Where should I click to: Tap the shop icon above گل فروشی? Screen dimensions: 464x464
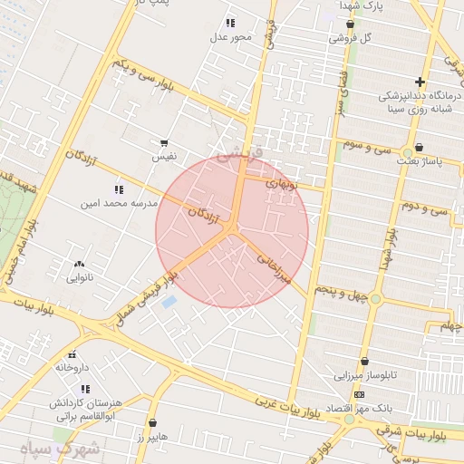point(350,24)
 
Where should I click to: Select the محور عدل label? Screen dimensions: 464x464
point(230,37)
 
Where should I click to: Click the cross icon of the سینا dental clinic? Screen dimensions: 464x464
point(420,82)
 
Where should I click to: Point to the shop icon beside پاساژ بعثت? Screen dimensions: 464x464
point(419,148)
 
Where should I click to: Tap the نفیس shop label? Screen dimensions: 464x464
point(164,157)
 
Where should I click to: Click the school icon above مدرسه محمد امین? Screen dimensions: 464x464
point(119,189)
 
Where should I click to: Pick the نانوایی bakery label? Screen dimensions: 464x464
point(78,278)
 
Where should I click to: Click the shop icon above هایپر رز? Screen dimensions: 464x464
point(151,423)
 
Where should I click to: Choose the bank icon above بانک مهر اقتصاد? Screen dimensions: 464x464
point(360,395)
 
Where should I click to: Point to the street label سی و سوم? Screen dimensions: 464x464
point(368,145)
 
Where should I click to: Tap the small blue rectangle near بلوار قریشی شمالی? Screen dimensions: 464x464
point(169,302)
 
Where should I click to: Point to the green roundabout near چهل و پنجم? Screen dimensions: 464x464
point(375,299)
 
